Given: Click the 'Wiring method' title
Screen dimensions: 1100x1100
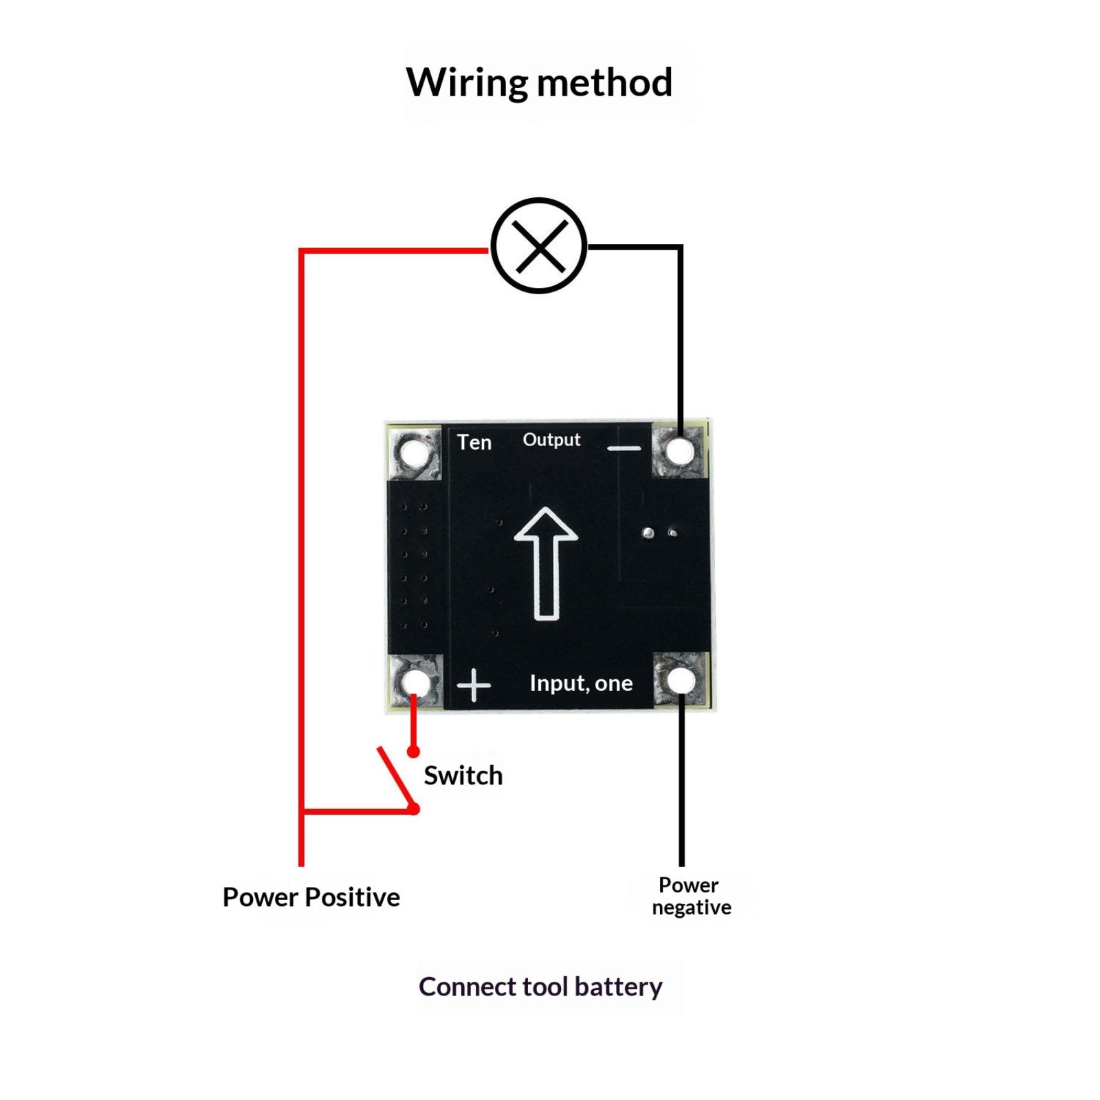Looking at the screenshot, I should [539, 82].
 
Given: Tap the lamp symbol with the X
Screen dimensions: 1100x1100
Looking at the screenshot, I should [539, 246].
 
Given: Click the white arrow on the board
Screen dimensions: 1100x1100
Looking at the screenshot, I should [546, 564].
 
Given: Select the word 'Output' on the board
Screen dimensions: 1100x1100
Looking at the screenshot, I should [551, 440].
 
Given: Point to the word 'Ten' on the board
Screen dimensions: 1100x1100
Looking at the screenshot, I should [474, 442].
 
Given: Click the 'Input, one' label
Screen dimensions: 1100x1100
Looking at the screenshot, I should [581, 683].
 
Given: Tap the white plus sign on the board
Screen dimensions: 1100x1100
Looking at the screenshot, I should [474, 685].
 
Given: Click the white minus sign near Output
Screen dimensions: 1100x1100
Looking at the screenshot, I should [624, 448].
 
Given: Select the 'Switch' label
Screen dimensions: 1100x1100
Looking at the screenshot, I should [463, 775].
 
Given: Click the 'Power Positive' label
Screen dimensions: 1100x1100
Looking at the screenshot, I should [311, 897].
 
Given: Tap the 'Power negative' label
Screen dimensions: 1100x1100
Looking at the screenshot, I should [691, 896].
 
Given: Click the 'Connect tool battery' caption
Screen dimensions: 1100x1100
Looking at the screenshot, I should [540, 987].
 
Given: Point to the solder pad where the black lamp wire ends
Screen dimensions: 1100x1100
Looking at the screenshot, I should [681, 451].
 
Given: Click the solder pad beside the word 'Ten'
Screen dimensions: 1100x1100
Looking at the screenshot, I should [413, 453].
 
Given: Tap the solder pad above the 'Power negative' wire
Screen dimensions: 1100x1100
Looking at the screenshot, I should [681, 681].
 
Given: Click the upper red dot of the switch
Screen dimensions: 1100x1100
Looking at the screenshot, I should [413, 752].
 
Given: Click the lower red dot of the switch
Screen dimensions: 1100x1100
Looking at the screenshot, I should [414, 809].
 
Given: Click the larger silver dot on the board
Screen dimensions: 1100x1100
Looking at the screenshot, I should [648, 533].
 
